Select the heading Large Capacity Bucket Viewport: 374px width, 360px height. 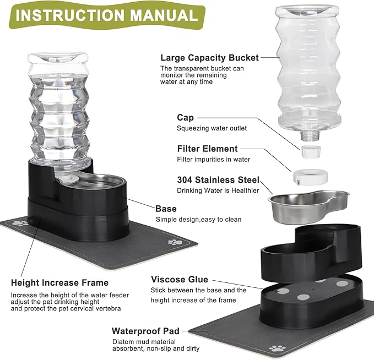pyautogui.click(x=209, y=58)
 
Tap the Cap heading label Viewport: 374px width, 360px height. pyautogui.click(x=185, y=117)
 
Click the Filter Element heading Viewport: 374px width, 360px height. pyautogui.click(x=207, y=149)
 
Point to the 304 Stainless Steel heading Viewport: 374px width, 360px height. pyautogui.click(x=218, y=180)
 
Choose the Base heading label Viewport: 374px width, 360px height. pyautogui.click(x=166, y=209)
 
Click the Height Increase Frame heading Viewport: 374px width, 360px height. pyautogui.click(x=59, y=283)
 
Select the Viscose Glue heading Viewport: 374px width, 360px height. pyautogui.click(x=180, y=280)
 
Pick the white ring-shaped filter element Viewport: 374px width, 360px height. pyautogui.click(x=310, y=177)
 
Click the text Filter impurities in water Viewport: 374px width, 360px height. pyautogui.click(x=214, y=160)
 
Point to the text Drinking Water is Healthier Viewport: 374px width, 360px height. pyautogui.click(x=218, y=190)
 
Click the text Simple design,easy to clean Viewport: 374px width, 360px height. pyautogui.click(x=198, y=219)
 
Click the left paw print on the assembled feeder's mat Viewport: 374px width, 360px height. pyautogui.click(x=20, y=223)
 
